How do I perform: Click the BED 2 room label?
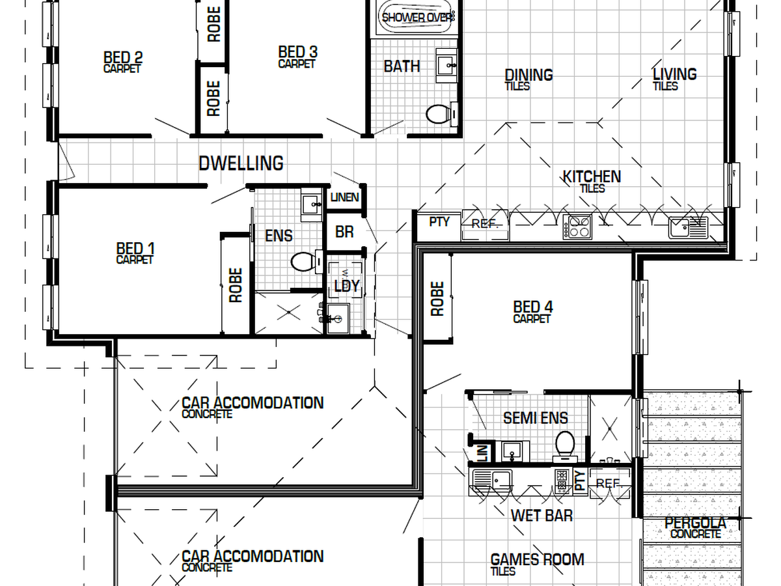tap(123, 57)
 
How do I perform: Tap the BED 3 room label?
tap(298, 52)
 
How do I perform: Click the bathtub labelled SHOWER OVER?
tap(417, 17)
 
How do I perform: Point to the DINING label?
tap(528, 75)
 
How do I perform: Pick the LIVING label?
tap(675, 74)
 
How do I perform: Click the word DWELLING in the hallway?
tap(241, 163)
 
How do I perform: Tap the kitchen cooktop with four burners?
tap(577, 227)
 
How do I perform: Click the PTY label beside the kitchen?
tap(439, 222)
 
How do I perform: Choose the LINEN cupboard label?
tap(344, 197)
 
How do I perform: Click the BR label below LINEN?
tap(344, 232)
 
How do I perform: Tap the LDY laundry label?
tap(347, 286)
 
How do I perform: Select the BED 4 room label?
tap(533, 307)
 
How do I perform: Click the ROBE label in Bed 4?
tap(437, 299)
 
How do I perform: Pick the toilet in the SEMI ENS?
tap(565, 446)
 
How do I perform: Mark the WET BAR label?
tap(541, 516)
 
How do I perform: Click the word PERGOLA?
tap(695, 523)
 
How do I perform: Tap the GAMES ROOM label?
tap(538, 560)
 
